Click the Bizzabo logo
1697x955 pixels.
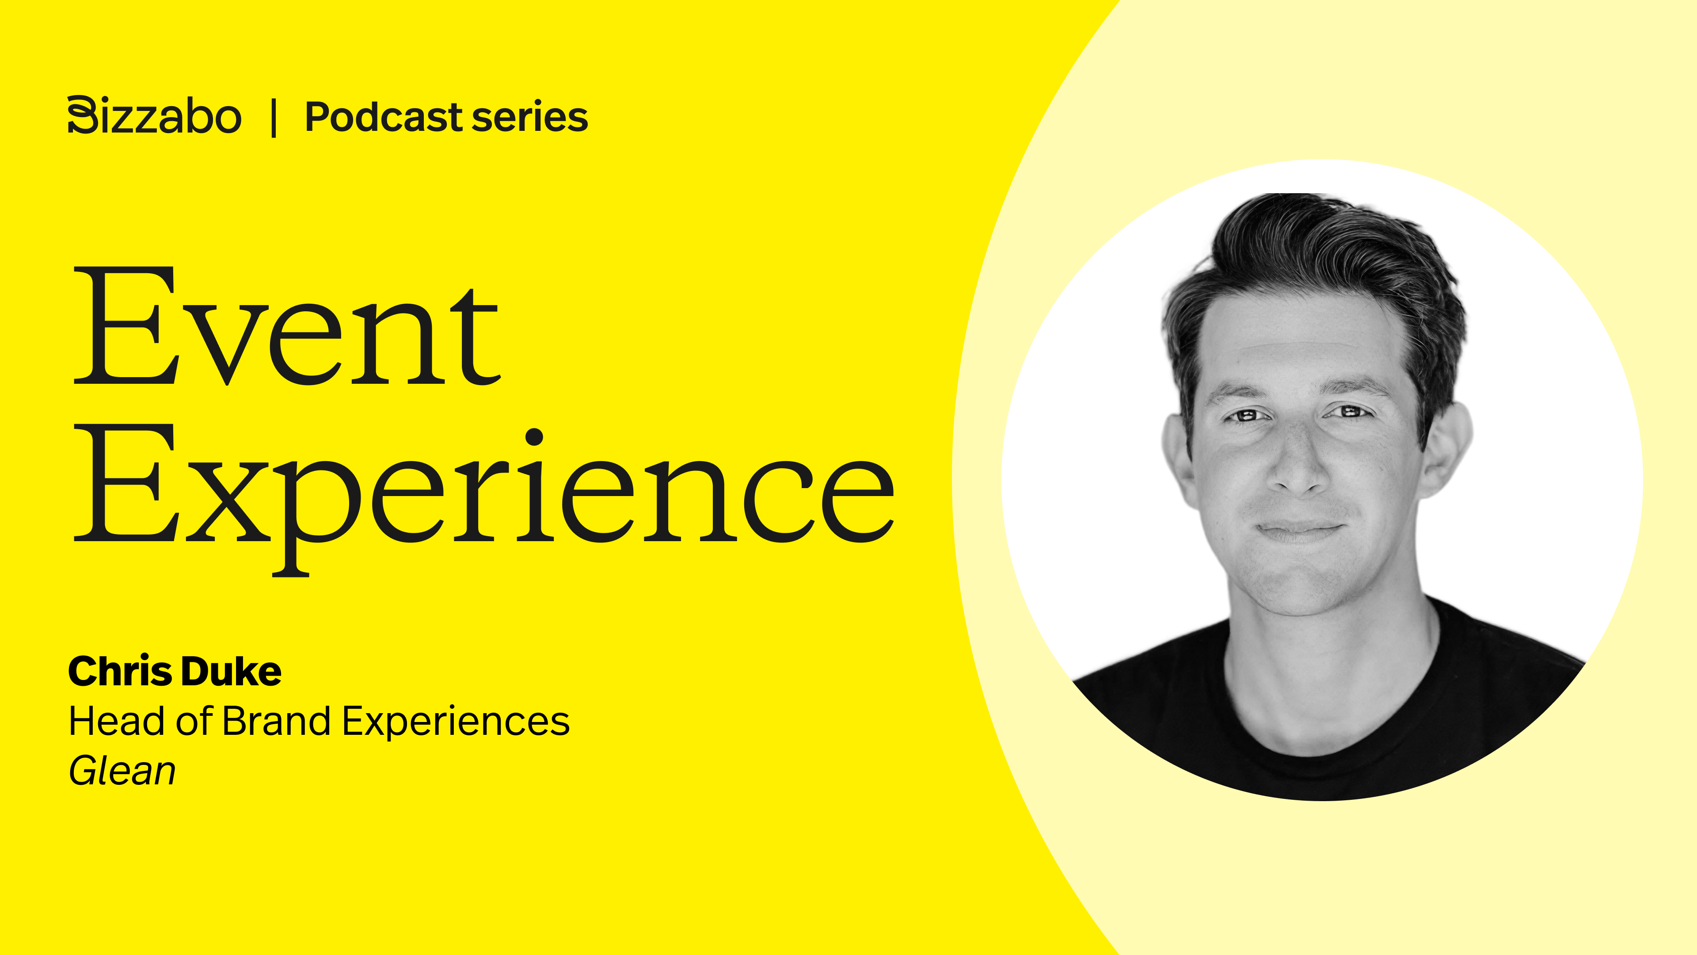pos(154,116)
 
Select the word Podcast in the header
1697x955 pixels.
pos(384,117)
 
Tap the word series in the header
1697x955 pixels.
pos(530,117)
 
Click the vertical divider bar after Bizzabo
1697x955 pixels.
pos(274,117)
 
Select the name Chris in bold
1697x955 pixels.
pos(120,672)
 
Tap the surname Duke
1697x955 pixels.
pos(231,672)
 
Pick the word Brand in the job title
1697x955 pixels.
pos(277,721)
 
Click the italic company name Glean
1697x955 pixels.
pos(122,771)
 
